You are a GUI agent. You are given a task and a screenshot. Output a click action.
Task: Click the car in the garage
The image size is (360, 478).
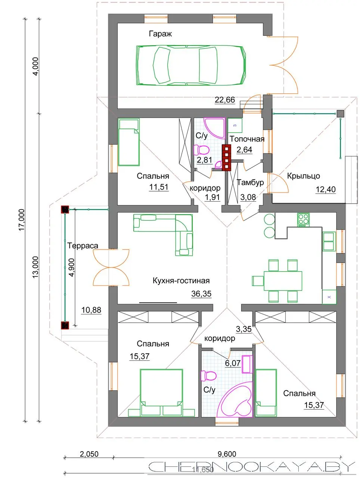[192, 65]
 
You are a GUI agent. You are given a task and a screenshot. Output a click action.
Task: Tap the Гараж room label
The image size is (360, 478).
[160, 34]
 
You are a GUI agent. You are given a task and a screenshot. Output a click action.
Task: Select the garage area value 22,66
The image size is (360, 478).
[225, 100]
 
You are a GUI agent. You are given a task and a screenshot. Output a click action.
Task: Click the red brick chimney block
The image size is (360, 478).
[226, 158]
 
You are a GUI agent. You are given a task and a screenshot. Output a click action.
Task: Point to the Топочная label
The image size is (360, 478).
[247, 139]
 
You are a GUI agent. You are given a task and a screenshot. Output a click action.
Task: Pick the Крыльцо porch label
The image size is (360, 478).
[303, 176]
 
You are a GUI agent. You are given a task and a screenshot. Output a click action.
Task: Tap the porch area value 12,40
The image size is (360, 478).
[325, 189]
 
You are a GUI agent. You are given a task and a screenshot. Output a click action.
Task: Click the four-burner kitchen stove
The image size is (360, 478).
[303, 220]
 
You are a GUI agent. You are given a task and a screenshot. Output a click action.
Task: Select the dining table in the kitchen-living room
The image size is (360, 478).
[283, 281]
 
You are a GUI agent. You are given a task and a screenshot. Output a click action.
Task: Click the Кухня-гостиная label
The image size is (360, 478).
[181, 280]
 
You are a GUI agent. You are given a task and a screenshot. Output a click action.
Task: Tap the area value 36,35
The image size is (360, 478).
[201, 294]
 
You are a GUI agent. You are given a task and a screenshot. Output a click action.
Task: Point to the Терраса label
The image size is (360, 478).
[83, 246]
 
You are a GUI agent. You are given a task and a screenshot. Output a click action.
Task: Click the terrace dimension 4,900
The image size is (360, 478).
[71, 267]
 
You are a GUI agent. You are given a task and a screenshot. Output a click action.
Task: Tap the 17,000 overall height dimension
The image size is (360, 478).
[22, 220]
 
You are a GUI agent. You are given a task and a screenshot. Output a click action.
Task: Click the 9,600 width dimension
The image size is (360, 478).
[227, 454]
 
